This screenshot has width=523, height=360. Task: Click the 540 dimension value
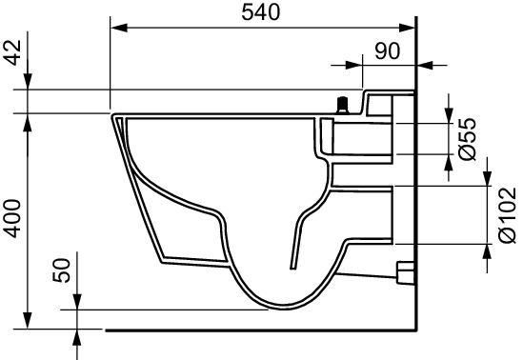(x=261, y=12)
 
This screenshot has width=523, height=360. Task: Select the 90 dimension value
(x=387, y=51)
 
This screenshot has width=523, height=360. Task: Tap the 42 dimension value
(x=13, y=52)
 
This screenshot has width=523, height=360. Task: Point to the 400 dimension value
(x=13, y=218)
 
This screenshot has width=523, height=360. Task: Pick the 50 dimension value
(x=62, y=270)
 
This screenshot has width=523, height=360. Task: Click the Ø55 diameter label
(x=468, y=139)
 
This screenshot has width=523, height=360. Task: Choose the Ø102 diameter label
(x=508, y=215)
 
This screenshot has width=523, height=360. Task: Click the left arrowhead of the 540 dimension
(x=119, y=28)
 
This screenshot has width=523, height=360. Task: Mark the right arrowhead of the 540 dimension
(x=406, y=28)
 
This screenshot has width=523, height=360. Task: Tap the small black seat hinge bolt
(x=342, y=106)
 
